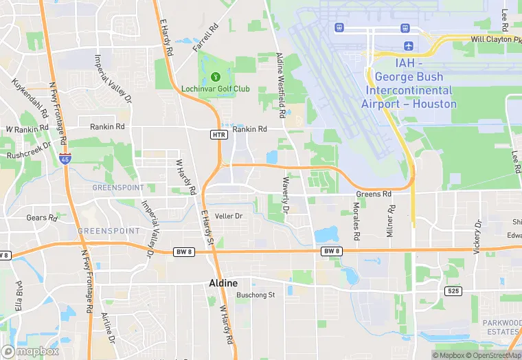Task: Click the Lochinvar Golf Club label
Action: coord(216,89)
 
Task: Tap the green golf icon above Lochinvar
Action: coord(216,76)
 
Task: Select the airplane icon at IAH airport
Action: coord(409,46)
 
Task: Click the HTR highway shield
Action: coord(218,135)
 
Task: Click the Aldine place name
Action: coord(223,283)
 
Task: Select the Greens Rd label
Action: coord(373,194)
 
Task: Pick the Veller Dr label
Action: coord(229,216)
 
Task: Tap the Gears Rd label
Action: coord(41,218)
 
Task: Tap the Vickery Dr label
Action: coord(477,237)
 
